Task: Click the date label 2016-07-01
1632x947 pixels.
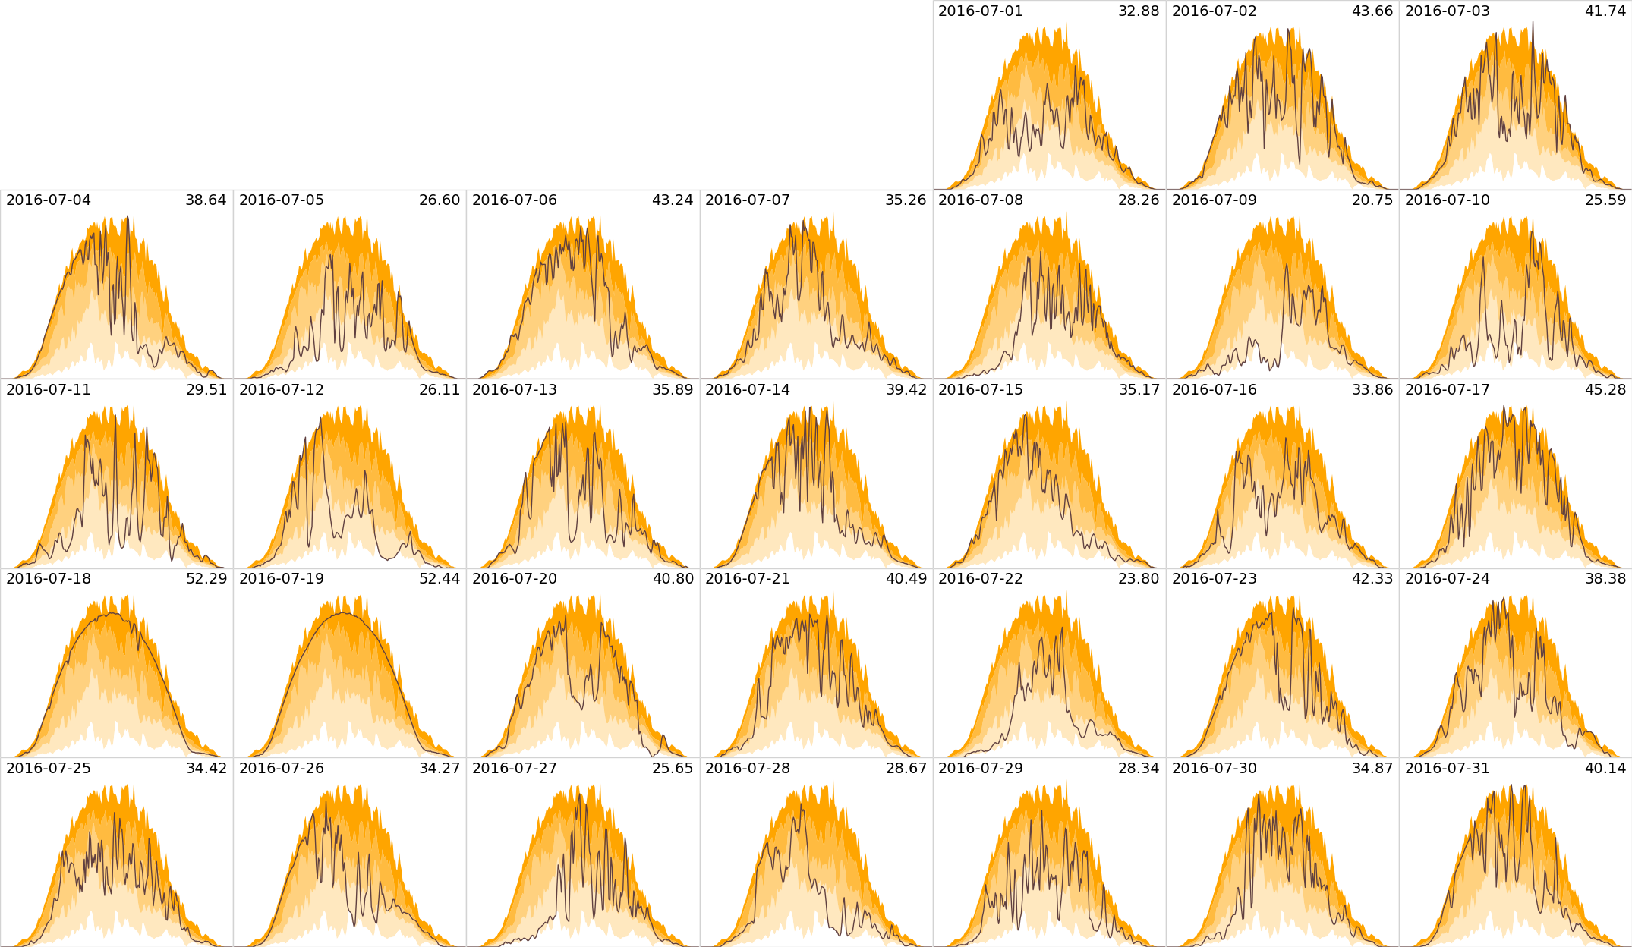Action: (x=980, y=11)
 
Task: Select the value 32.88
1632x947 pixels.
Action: (x=1139, y=11)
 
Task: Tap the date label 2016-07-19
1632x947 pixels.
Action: (x=281, y=579)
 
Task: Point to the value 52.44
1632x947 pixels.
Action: (x=440, y=579)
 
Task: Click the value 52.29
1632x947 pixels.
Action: (x=206, y=579)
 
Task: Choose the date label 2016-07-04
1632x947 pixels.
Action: (x=48, y=200)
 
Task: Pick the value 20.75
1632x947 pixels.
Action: (x=1372, y=200)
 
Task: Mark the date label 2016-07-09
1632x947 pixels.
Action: (x=1214, y=200)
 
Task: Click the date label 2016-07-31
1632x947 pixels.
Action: (x=1447, y=769)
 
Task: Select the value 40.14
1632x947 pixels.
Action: (x=1605, y=769)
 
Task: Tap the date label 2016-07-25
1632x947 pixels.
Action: (x=48, y=769)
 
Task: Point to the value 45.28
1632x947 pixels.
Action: (x=1605, y=390)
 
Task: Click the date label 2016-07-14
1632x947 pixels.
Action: (x=747, y=390)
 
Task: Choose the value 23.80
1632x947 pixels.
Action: (x=1139, y=579)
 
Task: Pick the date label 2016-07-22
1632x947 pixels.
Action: (x=980, y=579)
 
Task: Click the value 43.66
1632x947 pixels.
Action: (x=1372, y=11)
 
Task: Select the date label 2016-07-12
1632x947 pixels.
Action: (x=281, y=390)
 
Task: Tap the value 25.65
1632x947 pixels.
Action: (x=673, y=769)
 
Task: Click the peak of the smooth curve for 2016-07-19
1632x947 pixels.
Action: (x=343, y=612)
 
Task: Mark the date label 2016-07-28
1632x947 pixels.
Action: (x=747, y=769)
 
